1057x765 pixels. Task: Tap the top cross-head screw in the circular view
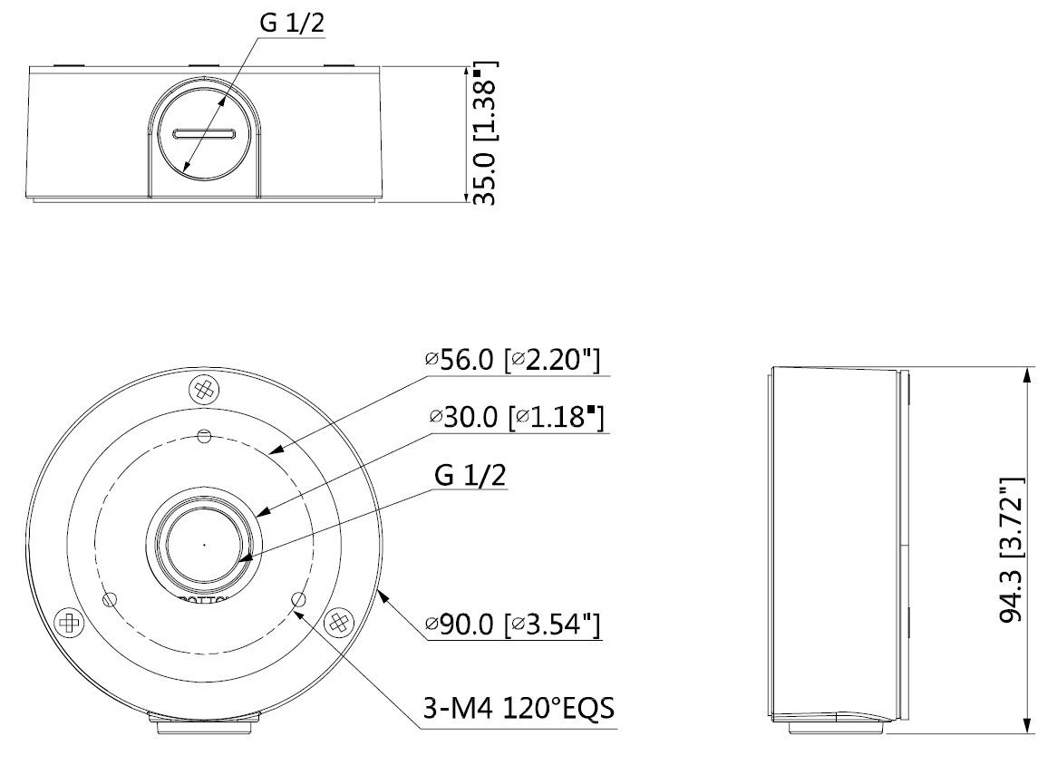[204, 391]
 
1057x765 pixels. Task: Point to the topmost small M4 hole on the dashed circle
[204, 437]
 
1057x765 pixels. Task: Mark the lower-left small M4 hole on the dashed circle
[111, 599]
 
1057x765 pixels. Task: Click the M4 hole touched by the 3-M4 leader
[297, 599]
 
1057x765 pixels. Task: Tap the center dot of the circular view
[204, 545]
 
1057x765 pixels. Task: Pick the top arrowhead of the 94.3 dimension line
[1026, 373]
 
